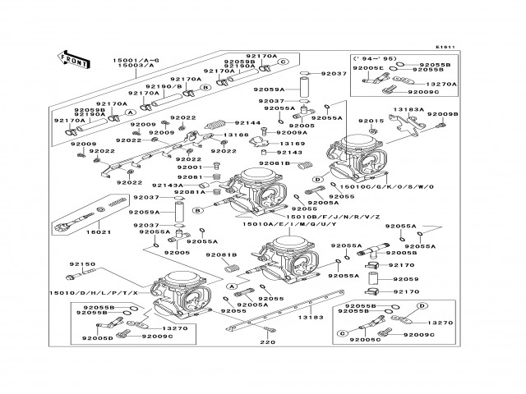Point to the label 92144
[x=247, y=122]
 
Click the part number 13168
[x=236, y=134]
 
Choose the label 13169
[x=293, y=143]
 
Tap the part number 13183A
[x=409, y=108]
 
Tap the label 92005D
[x=97, y=337]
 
